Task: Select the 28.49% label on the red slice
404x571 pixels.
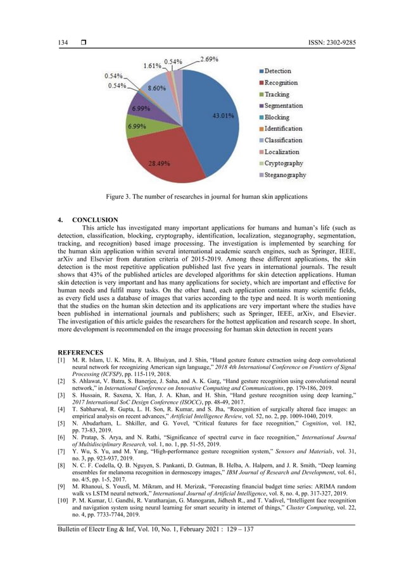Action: (x=158, y=163)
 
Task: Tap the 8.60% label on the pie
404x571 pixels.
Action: (x=157, y=89)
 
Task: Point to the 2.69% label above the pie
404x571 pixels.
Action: (x=210, y=60)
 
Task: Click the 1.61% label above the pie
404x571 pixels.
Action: (x=151, y=65)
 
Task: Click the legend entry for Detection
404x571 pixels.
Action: (x=278, y=72)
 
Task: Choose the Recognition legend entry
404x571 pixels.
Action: (x=281, y=83)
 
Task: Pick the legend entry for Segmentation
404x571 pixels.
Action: (x=283, y=106)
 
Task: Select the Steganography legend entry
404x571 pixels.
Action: (x=285, y=175)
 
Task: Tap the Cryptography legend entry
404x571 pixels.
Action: (x=284, y=163)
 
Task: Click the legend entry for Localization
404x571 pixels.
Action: (x=282, y=152)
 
